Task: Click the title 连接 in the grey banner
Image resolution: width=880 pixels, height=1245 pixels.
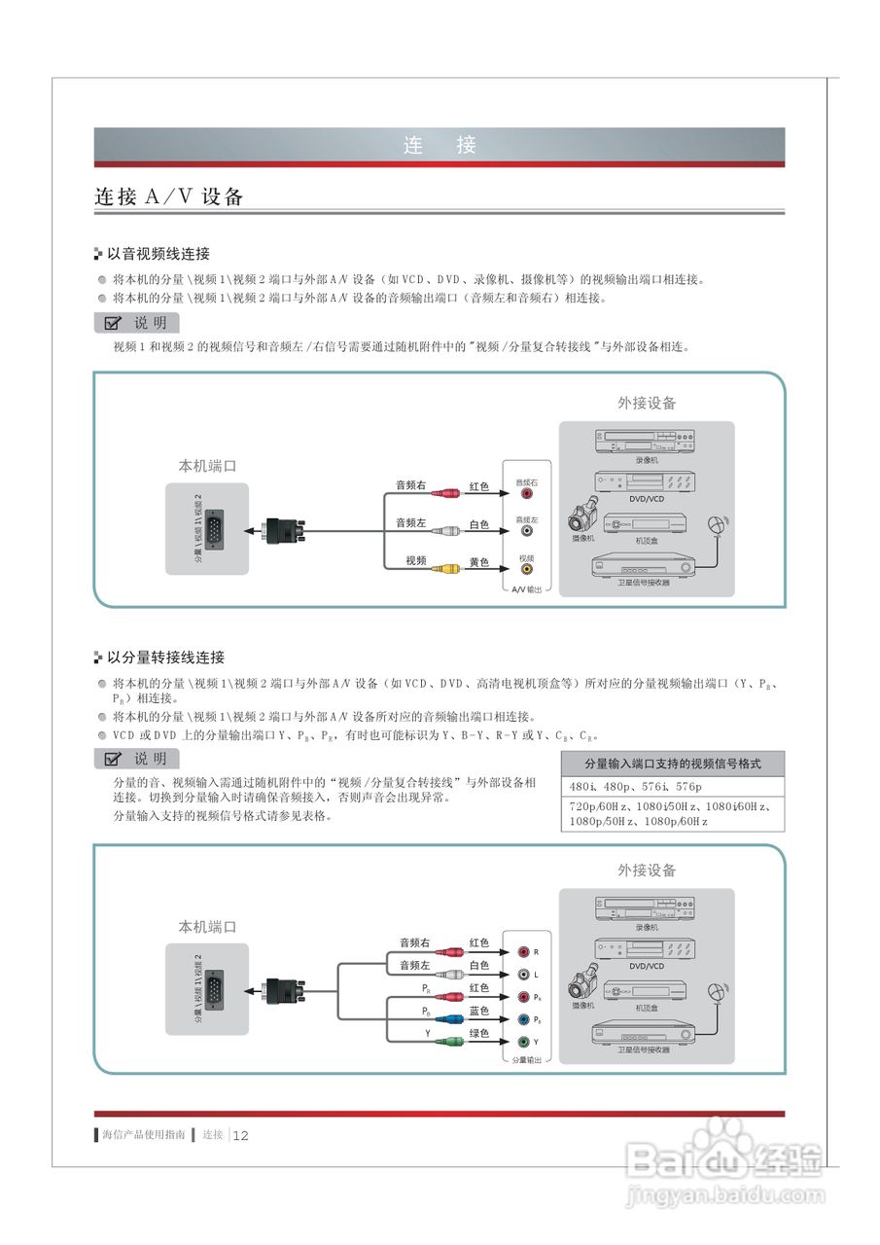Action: coord(440,146)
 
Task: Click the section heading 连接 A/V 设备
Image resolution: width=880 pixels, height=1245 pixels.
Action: coord(168,196)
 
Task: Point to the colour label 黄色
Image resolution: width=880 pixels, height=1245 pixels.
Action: coord(479,562)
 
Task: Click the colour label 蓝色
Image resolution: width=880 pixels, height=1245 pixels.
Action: coord(479,1012)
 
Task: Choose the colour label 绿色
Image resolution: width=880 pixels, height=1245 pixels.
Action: coord(479,1034)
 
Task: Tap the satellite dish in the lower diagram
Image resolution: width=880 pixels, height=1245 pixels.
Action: coord(718,992)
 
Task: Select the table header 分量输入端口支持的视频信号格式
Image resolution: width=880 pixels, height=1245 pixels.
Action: coord(672,764)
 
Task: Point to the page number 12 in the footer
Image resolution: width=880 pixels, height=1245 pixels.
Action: coord(242,1135)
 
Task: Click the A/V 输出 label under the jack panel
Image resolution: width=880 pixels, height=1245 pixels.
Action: coord(526,589)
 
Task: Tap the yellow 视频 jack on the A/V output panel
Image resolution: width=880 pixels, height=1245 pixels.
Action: coord(526,571)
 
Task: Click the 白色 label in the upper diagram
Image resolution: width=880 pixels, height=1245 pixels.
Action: coord(479,525)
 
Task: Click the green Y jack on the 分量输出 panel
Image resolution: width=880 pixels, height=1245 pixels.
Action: coord(523,1042)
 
